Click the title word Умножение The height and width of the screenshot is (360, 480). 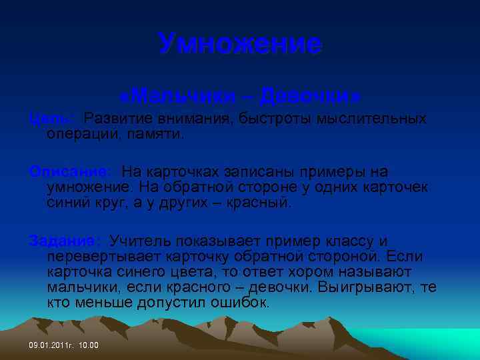click(x=240, y=45)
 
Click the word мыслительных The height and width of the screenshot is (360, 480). click(x=371, y=119)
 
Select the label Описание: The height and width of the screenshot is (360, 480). click(x=71, y=173)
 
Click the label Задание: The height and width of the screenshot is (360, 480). click(x=65, y=241)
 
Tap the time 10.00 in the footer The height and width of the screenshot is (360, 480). click(x=88, y=345)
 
